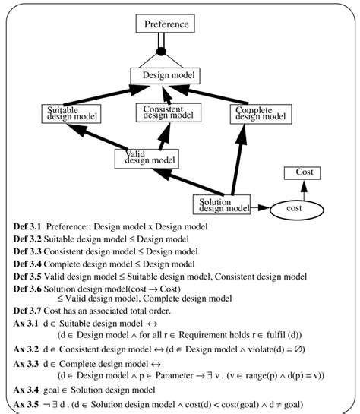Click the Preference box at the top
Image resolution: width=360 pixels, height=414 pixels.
166,24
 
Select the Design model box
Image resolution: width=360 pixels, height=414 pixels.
165,76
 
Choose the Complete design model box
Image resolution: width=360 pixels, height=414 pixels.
261,114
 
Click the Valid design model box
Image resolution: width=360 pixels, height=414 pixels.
147,158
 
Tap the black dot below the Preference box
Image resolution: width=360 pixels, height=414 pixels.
160,52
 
